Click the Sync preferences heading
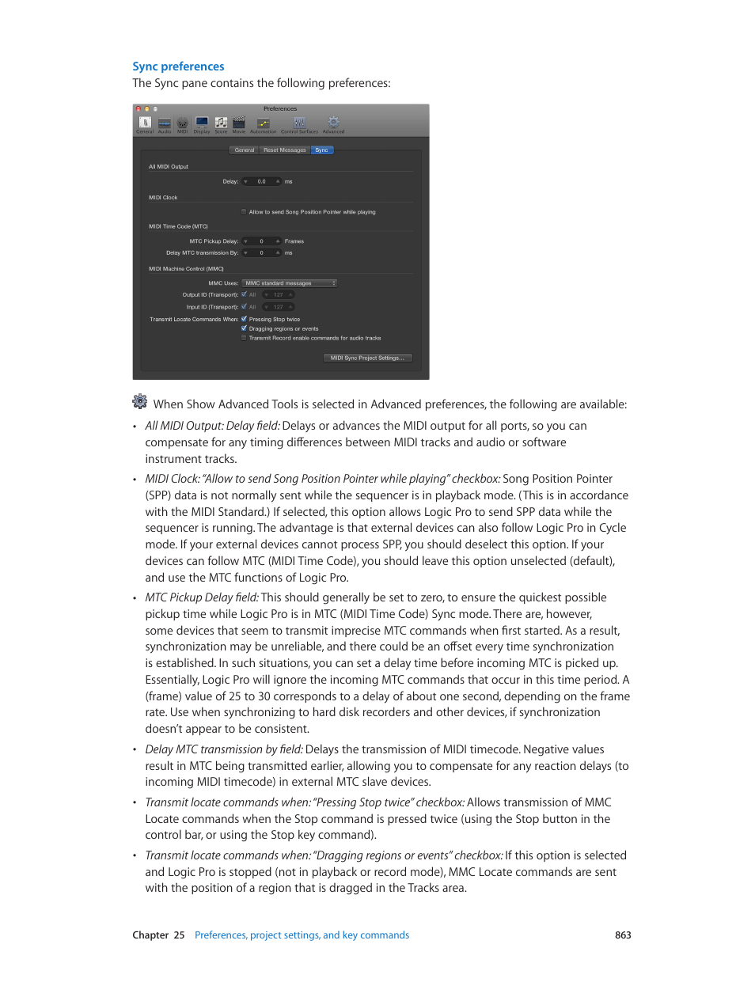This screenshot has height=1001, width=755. coord(178,66)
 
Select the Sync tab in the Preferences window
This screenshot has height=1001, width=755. coord(321,150)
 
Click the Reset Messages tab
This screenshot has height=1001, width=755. coord(284,150)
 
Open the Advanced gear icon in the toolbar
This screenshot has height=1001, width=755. coord(333,123)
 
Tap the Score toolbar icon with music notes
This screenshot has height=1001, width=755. coord(221,123)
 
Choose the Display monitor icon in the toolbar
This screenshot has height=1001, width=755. coord(202,123)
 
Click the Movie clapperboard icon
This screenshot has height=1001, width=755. coord(239,123)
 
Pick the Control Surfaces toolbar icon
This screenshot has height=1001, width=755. coord(299,123)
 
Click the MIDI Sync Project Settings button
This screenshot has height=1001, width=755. coord(367,358)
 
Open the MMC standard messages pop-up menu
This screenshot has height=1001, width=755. coord(290,283)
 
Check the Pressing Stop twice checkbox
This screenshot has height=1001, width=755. coord(245,319)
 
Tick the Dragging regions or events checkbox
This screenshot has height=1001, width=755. coord(245,328)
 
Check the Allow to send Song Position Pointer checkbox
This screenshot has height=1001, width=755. coord(244,212)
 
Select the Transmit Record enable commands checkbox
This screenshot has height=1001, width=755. coord(244,338)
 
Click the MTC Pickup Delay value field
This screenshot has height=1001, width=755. coord(262,241)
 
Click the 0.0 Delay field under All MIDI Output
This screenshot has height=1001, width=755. coord(262,182)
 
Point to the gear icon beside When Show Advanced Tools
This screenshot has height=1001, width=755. coord(140,401)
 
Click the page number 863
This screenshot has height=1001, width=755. coord(623,935)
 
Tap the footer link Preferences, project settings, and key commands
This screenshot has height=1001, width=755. coord(302,935)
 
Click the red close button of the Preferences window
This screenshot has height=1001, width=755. coord(138,109)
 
